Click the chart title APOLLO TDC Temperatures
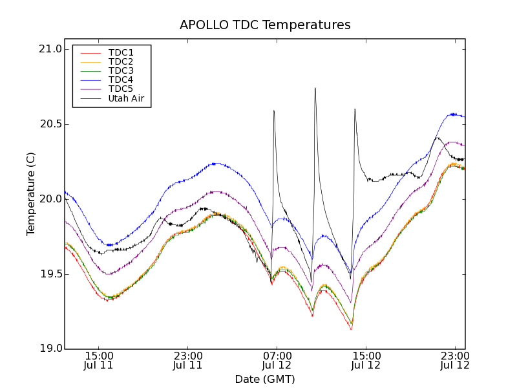point(265,25)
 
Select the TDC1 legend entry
point(121,53)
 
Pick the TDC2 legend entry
point(121,62)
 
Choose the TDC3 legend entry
point(121,71)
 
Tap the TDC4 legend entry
point(121,80)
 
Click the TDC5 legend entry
point(121,89)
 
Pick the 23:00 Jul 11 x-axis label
point(187,360)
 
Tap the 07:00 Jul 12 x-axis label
point(277,360)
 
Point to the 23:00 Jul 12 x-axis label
point(454,360)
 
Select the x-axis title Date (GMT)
point(265,379)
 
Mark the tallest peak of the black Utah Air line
point(315,89)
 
